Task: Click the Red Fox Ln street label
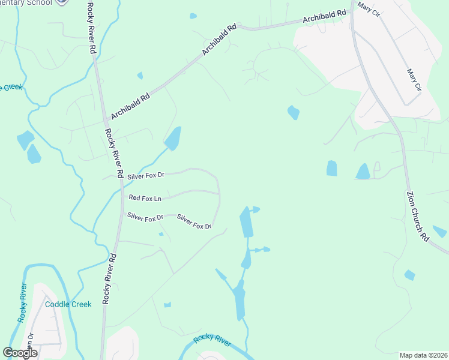[x=145, y=198]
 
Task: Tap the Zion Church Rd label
[x=417, y=217]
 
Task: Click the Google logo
[x=20, y=353]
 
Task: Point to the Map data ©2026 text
[x=423, y=355]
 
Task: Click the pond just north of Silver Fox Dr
[x=173, y=139]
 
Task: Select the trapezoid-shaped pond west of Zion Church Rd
[x=363, y=172]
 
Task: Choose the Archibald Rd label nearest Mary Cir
[x=325, y=17]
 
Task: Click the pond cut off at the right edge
[x=439, y=232]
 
